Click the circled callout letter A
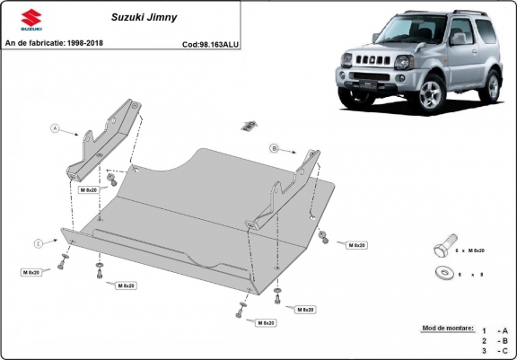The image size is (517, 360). pyautogui.click(x=54, y=129)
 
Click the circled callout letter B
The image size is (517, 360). pyautogui.click(x=275, y=147)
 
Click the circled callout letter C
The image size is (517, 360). pyautogui.click(x=38, y=243)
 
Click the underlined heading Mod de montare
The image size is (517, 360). pyautogui.click(x=447, y=329)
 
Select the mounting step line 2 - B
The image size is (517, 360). pyautogui.click(x=495, y=341)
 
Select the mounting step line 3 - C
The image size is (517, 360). pyautogui.click(x=495, y=352)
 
